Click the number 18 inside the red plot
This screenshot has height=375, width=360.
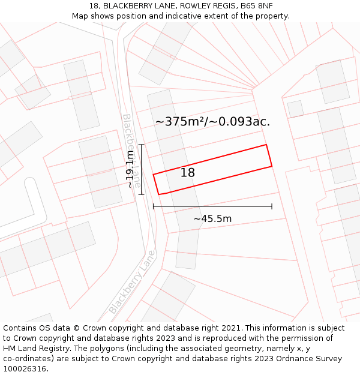[188, 173]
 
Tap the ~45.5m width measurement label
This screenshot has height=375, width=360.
[212, 219]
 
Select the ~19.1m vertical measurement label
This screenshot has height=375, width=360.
[131, 170]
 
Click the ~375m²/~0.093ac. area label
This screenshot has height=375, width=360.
[212, 122]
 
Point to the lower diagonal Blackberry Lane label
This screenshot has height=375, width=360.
[132, 283]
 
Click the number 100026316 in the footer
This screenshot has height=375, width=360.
[23, 369]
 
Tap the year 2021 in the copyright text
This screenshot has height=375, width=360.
[231, 328]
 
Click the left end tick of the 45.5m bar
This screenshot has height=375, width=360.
[154, 206]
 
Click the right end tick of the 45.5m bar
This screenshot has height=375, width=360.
[272, 206]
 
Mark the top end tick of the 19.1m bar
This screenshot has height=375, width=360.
[142, 145]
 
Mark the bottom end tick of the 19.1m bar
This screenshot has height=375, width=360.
[142, 194]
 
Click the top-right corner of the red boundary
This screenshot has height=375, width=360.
[266, 145]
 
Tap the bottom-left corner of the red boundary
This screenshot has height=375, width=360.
[159, 194]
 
